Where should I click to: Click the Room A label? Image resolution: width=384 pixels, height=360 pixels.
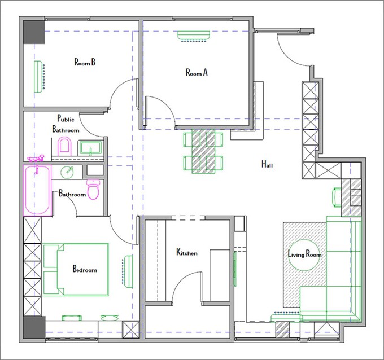[x=197, y=72]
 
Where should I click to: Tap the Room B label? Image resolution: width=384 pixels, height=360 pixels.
[x=85, y=62]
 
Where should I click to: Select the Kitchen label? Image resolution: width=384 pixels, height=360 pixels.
[x=187, y=252]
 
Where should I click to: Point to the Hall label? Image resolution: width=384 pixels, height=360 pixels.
[x=267, y=164]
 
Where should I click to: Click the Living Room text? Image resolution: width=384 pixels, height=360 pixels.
[x=304, y=254]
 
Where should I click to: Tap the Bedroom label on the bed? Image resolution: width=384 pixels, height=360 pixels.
[x=85, y=269]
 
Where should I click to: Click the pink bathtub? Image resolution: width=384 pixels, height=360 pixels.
[x=37, y=190]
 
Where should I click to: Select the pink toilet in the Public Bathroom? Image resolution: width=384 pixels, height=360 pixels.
[x=64, y=146]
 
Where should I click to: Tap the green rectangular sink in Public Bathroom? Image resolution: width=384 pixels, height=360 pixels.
[x=90, y=148]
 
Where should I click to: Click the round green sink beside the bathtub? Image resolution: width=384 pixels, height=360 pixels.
[x=67, y=172]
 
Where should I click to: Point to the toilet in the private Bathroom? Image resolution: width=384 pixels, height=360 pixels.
[x=93, y=189]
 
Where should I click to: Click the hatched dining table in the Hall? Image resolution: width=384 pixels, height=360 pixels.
[x=203, y=151]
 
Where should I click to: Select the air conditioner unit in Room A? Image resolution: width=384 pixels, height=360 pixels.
[x=194, y=36]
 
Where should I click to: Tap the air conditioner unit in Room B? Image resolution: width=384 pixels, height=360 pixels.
[x=38, y=77]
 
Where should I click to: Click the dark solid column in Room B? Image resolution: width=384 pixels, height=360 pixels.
[x=34, y=32]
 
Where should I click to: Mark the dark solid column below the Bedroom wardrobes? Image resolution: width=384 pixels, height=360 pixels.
[x=34, y=327]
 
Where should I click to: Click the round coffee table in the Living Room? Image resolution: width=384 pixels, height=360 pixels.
[x=304, y=255]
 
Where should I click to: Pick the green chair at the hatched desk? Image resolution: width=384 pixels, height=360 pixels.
[x=337, y=197]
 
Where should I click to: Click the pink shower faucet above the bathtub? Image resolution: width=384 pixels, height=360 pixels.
[x=36, y=159]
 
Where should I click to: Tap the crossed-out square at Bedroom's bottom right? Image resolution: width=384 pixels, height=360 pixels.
[x=131, y=330]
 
